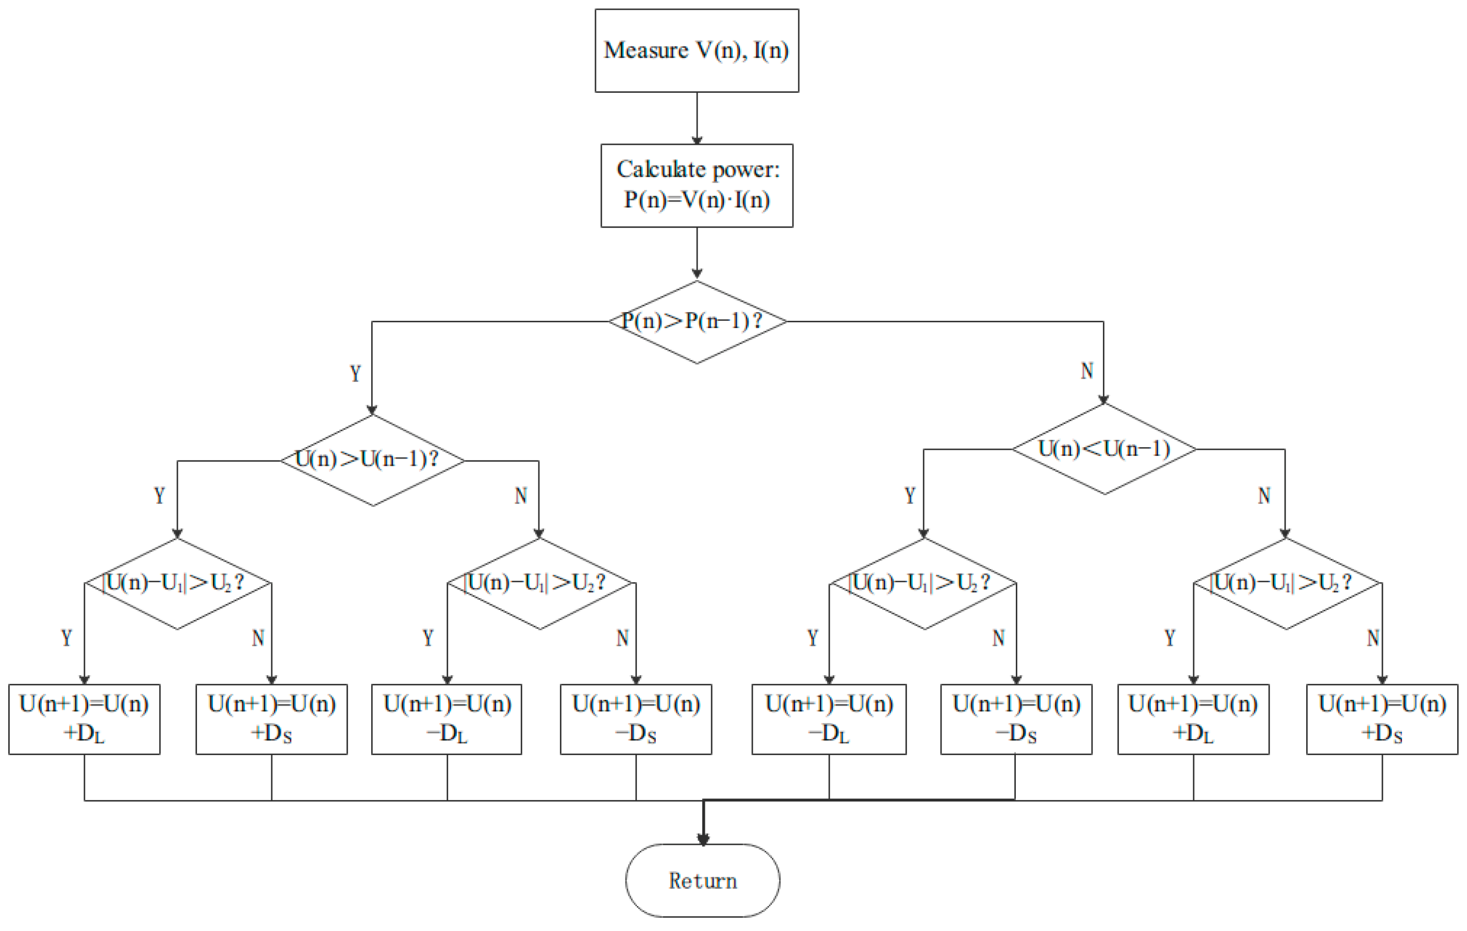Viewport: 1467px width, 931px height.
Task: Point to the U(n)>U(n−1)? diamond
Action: [x=372, y=460]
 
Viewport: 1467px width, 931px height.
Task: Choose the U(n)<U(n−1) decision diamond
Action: [x=1104, y=449]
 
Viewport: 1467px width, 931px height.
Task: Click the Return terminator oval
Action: [x=702, y=880]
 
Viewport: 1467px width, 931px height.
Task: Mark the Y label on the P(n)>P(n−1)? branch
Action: [x=355, y=373]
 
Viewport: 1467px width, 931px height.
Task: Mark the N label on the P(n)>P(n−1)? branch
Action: [x=1087, y=370]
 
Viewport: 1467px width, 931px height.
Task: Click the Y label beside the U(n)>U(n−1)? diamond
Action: [x=159, y=495]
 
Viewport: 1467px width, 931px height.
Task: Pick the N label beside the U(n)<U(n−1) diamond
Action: [x=1264, y=495]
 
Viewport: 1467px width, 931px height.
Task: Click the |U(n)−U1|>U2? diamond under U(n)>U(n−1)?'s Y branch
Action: [x=177, y=583]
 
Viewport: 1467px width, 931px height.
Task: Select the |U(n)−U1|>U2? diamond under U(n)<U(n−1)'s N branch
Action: [x=1287, y=583]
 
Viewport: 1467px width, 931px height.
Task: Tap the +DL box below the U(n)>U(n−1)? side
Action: [x=84, y=719]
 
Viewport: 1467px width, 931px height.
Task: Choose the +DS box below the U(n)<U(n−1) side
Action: [x=1382, y=719]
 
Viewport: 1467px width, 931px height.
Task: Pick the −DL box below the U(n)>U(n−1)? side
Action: [x=447, y=719]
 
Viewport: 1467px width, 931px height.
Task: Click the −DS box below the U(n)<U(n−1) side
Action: [x=1016, y=719]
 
